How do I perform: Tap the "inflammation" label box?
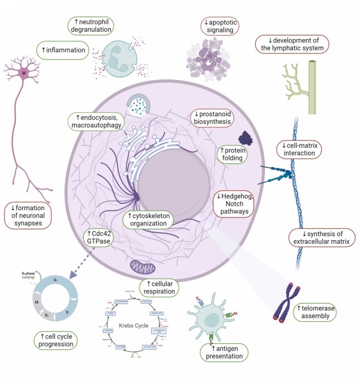pyautogui.click(x=63, y=50)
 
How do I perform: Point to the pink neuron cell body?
pyautogui.click(x=24, y=74)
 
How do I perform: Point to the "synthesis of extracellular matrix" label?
pyautogui.click(x=321, y=238)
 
